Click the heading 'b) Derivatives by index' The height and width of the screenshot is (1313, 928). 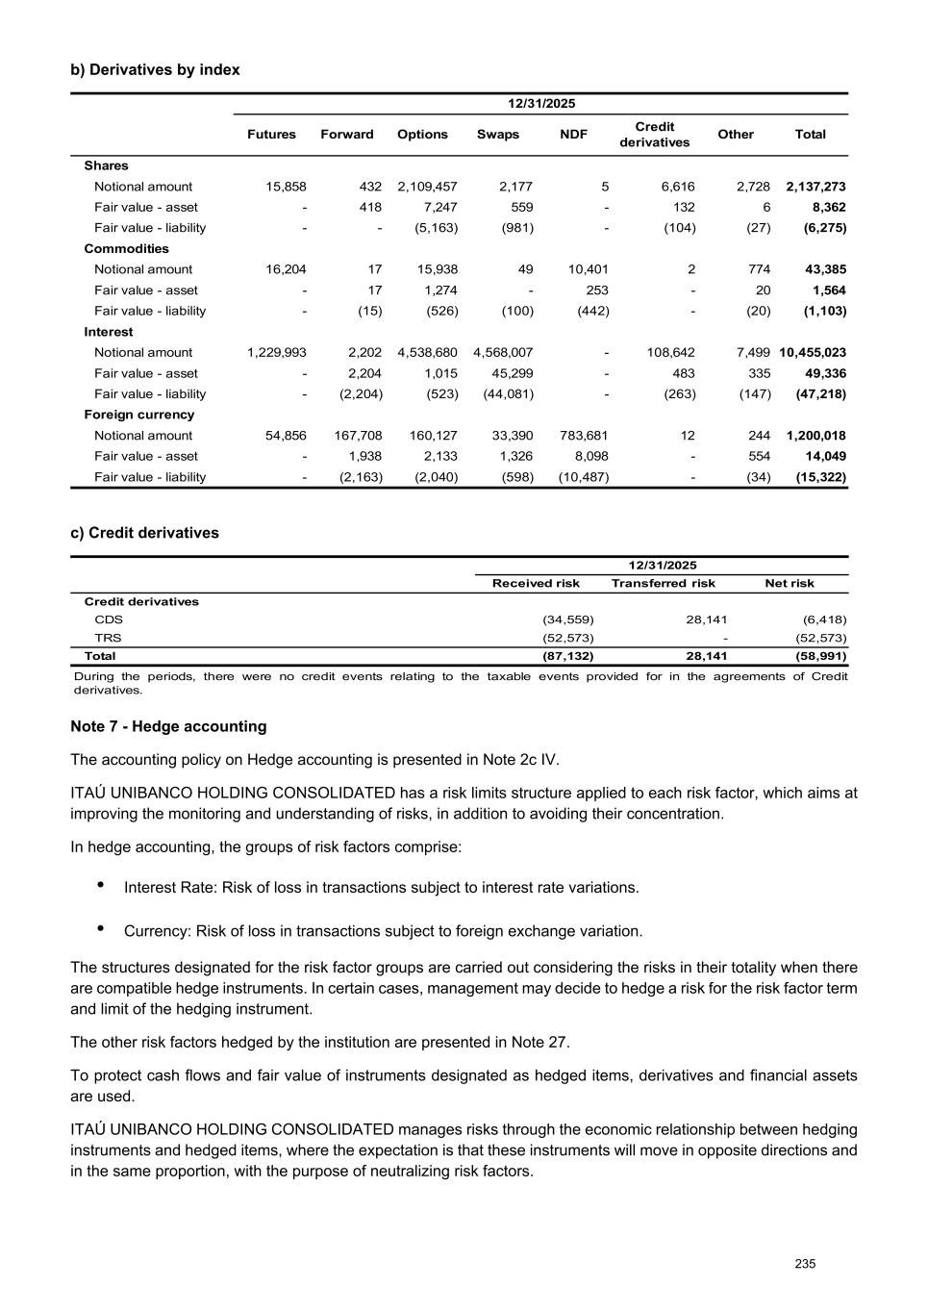pos(155,70)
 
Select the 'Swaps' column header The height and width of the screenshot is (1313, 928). pos(497,135)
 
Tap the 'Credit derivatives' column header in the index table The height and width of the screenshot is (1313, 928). pos(654,135)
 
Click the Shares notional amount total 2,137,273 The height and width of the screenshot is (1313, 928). pos(815,187)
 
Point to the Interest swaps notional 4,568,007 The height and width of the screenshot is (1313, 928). pos(503,353)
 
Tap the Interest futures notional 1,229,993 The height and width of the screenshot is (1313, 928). pos(276,353)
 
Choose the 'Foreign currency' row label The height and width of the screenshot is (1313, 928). pos(138,416)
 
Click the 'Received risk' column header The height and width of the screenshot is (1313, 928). pos(536,584)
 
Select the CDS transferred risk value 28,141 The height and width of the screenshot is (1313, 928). pos(706,620)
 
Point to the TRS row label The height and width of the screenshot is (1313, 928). pos(108,638)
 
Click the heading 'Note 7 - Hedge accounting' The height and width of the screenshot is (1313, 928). pos(168,727)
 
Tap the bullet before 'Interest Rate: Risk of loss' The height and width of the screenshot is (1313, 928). pos(101,885)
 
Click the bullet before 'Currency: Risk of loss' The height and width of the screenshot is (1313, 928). pos(101,929)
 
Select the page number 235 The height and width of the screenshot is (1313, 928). pos(805,1264)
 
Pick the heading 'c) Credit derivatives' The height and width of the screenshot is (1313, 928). pos(144,533)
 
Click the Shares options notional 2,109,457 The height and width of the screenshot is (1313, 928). pos(427,187)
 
